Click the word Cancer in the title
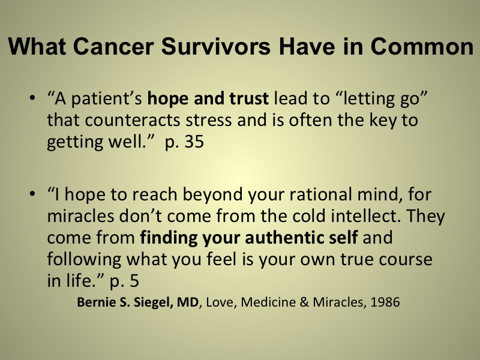(x=113, y=47)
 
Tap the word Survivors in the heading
(x=216, y=47)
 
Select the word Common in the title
(x=422, y=47)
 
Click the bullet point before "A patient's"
(x=32, y=98)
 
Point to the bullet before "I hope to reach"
(x=32, y=194)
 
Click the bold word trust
(x=249, y=98)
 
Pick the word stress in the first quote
(x=208, y=120)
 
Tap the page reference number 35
(x=194, y=142)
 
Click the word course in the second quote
(x=406, y=260)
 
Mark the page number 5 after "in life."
(x=134, y=281)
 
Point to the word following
(x=84, y=260)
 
